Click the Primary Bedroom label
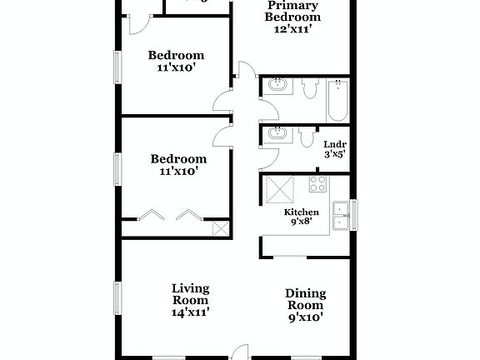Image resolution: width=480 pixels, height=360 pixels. click(x=292, y=12)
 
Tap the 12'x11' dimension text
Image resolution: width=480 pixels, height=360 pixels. click(x=292, y=28)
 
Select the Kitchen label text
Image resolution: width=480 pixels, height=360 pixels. click(x=301, y=212)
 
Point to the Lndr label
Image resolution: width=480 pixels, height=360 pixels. click(x=335, y=142)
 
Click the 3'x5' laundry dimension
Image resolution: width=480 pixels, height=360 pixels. click(x=335, y=153)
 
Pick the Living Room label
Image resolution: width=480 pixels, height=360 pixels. click(x=190, y=294)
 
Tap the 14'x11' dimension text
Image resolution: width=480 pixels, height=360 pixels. click(x=190, y=312)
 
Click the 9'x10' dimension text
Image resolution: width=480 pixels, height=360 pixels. click(x=305, y=317)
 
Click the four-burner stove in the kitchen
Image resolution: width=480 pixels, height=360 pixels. click(x=317, y=184)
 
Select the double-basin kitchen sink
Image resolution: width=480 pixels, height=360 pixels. click(x=341, y=214)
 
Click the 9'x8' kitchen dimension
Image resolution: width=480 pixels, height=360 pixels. click(x=301, y=223)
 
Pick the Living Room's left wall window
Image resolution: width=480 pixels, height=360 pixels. click(x=117, y=297)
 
